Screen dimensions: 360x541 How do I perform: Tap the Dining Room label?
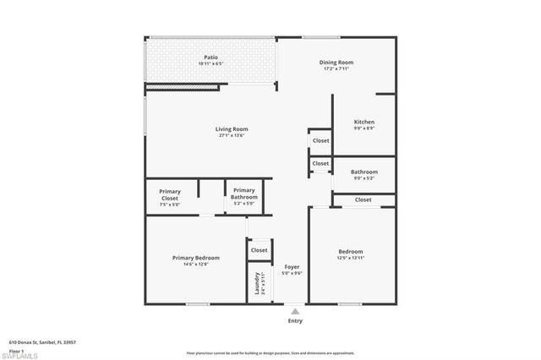[336, 63]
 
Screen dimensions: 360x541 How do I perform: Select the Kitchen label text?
[364, 123]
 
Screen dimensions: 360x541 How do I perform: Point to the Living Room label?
[232, 129]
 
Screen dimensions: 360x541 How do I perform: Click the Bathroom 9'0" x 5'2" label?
[364, 172]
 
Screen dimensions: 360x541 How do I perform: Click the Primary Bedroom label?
[196, 258]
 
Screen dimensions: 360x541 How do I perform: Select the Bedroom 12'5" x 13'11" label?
[351, 252]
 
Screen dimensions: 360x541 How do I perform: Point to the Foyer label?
[292, 267]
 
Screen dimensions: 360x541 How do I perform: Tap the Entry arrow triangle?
[295, 311]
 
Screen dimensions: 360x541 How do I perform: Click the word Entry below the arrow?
[295, 321]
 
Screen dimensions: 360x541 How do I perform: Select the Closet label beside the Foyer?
[259, 250]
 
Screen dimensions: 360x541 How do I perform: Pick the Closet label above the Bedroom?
[363, 199]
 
